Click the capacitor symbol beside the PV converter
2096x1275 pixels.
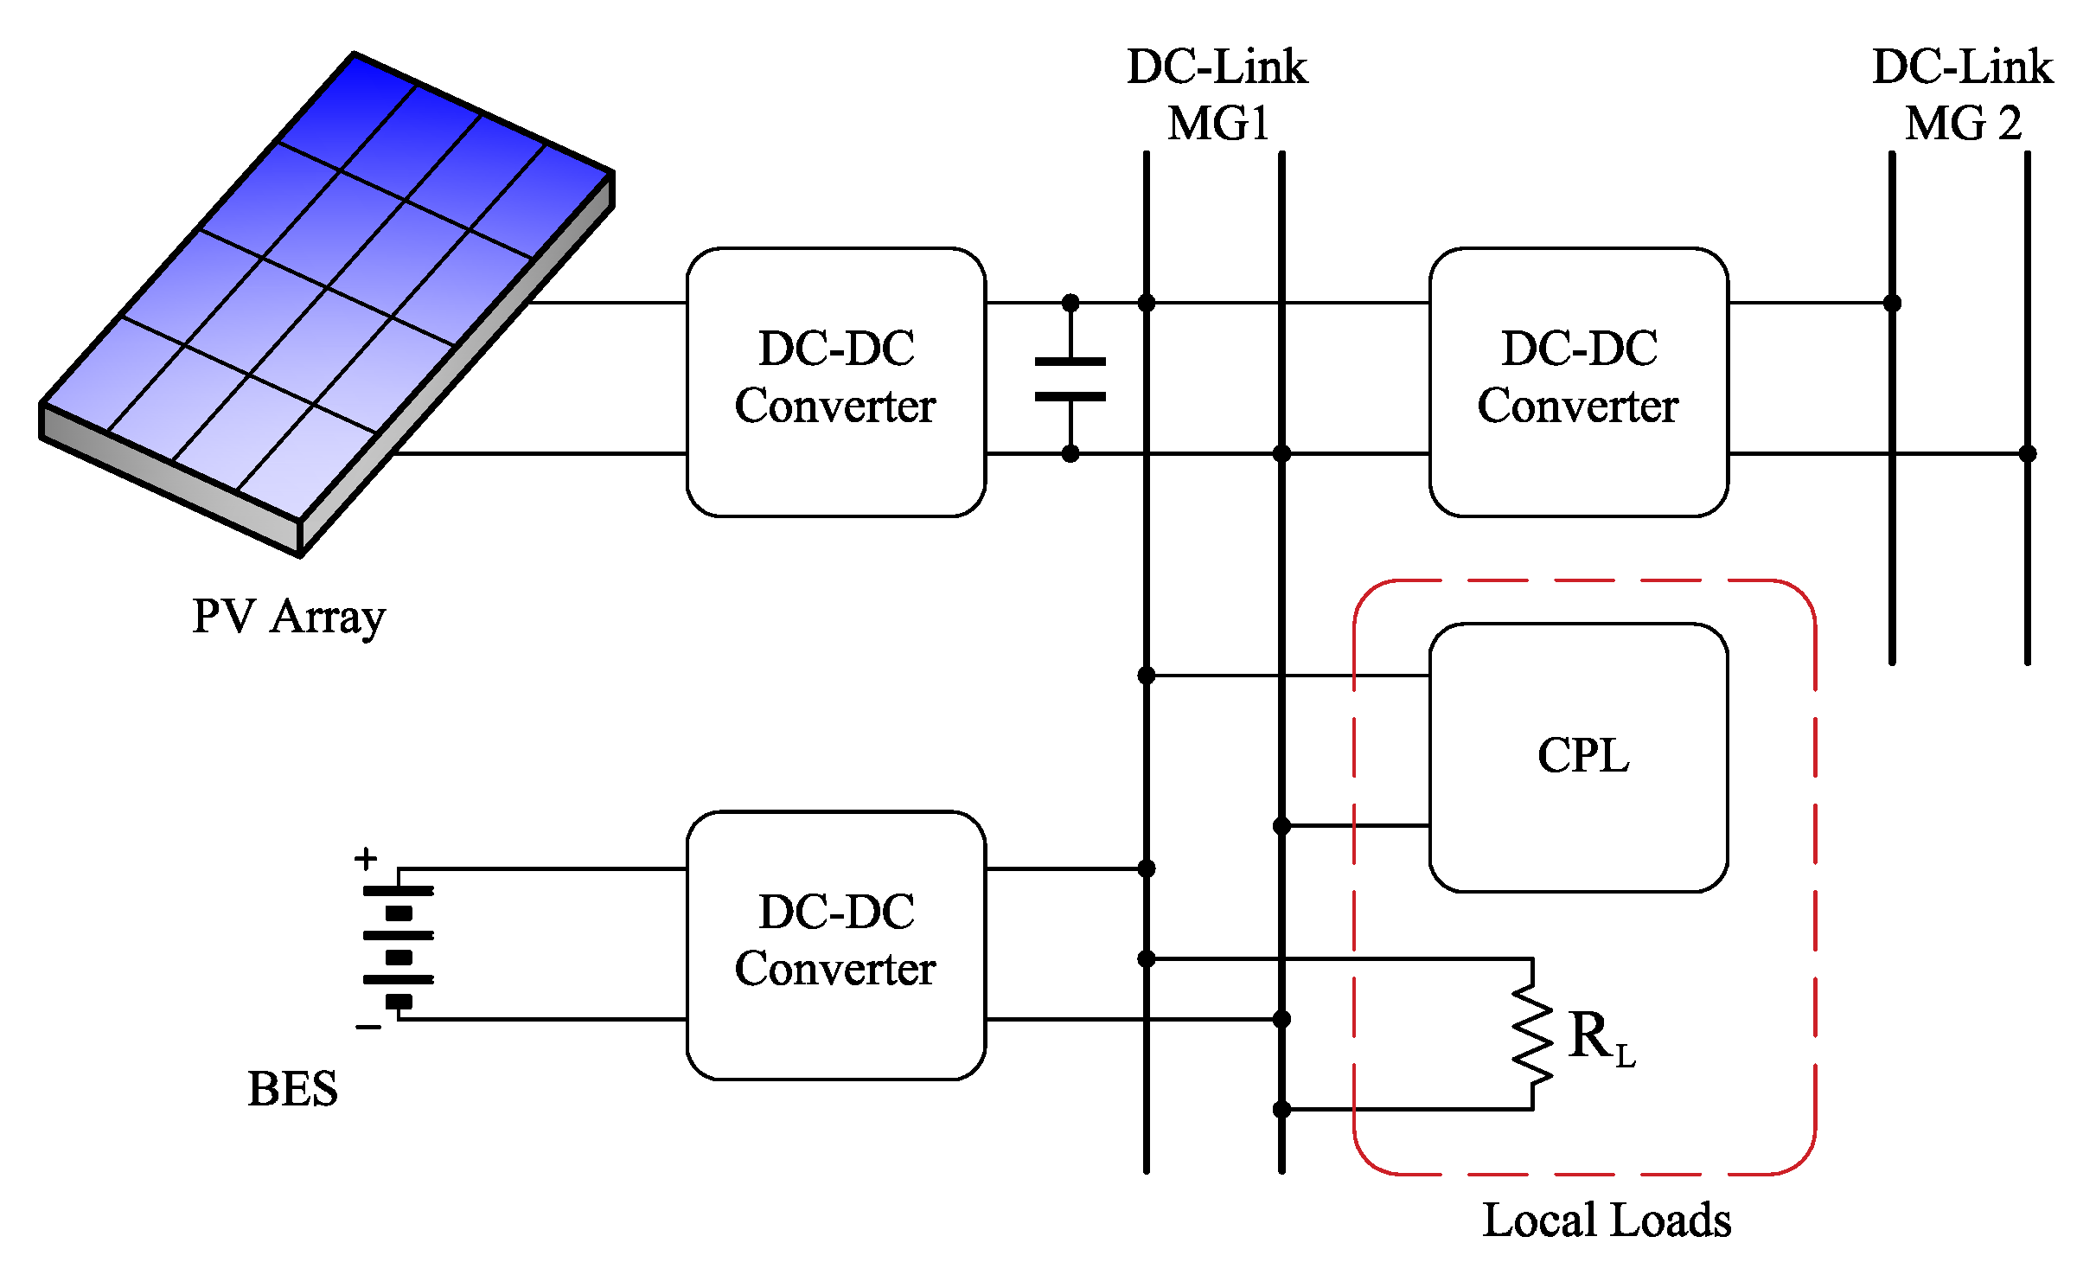[1070, 379]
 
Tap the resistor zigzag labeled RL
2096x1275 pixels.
[1532, 1035]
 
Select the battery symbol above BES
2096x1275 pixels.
[399, 945]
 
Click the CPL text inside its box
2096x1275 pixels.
[1582, 756]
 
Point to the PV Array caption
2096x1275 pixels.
[288, 618]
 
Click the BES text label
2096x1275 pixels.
[292, 1089]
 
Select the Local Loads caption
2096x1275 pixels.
[1607, 1221]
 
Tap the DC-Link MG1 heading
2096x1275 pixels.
[1217, 95]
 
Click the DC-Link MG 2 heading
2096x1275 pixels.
[1962, 95]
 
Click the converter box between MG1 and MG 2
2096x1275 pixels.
[1578, 381]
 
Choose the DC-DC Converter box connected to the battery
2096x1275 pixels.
[835, 945]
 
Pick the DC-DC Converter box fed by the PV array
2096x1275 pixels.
[835, 381]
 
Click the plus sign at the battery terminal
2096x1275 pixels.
[366, 858]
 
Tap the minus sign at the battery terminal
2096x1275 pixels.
[368, 1027]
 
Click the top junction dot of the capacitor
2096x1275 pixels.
[1070, 303]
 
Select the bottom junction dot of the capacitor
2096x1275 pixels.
[1070, 453]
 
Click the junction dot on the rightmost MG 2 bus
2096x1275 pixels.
[2027, 453]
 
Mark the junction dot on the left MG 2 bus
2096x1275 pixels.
[1892, 303]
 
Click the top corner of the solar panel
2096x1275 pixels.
[355, 55]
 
